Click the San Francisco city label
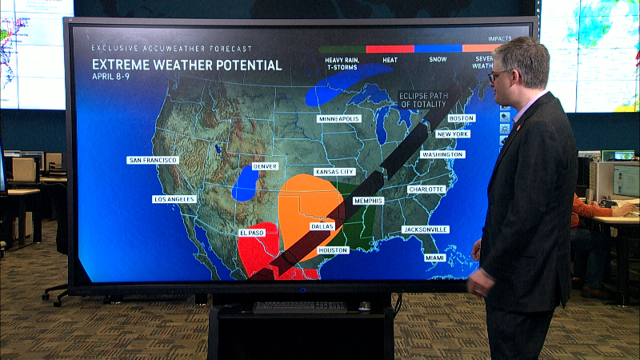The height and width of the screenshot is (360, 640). (152, 160)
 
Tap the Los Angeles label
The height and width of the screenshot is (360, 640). (174, 198)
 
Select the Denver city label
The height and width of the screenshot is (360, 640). (265, 166)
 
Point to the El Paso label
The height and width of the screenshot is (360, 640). (251, 232)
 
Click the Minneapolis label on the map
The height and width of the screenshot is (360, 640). (339, 118)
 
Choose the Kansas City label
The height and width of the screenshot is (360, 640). (336, 172)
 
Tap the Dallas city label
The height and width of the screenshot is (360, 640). (322, 226)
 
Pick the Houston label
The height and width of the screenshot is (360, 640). (333, 250)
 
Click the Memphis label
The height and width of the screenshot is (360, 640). (368, 201)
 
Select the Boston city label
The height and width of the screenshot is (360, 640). (462, 118)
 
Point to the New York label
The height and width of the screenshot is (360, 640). (453, 134)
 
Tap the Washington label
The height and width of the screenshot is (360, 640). (442, 154)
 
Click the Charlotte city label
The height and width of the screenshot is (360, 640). (426, 189)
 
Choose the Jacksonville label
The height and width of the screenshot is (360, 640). (426, 230)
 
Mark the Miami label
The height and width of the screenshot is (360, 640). (435, 258)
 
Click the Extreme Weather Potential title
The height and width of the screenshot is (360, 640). (186, 65)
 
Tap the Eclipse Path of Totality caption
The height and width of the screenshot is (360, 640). (424, 99)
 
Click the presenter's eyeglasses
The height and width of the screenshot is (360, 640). (499, 74)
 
